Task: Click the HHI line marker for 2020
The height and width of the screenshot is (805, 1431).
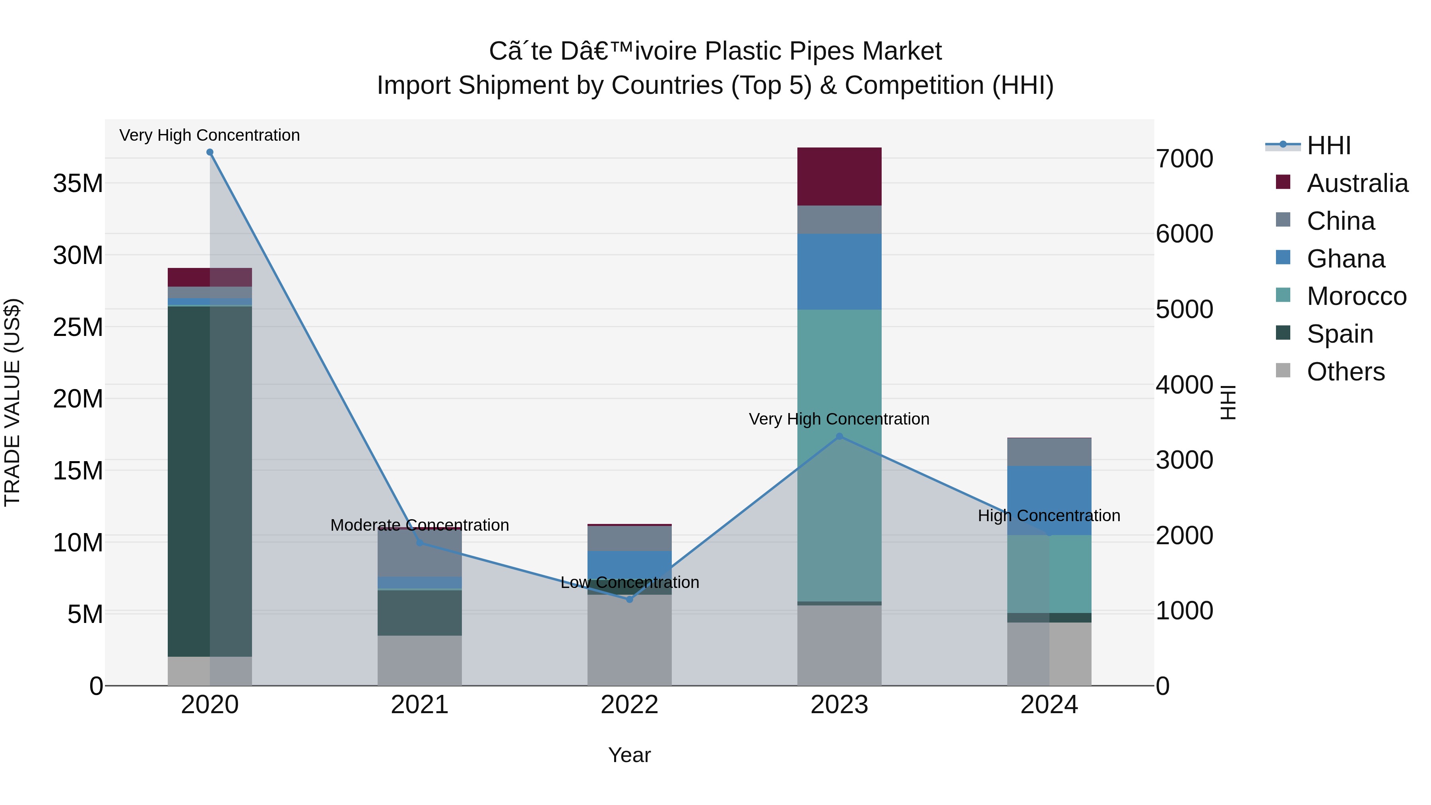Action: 210,152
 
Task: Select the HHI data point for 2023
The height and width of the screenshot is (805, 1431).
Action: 840,436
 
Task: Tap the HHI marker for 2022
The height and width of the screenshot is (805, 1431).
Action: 629,599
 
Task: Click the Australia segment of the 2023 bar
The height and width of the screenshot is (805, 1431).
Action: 840,177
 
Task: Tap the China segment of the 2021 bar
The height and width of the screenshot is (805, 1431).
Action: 419,553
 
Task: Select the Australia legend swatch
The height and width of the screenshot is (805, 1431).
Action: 1283,182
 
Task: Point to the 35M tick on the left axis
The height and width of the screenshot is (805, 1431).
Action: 78,183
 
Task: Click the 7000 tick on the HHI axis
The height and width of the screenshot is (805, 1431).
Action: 1185,159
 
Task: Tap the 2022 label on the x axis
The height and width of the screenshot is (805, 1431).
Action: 629,705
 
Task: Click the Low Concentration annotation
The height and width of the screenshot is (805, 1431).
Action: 629,582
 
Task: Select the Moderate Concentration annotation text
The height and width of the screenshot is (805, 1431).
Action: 419,525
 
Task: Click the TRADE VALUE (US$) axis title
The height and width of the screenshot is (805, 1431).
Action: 12,402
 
